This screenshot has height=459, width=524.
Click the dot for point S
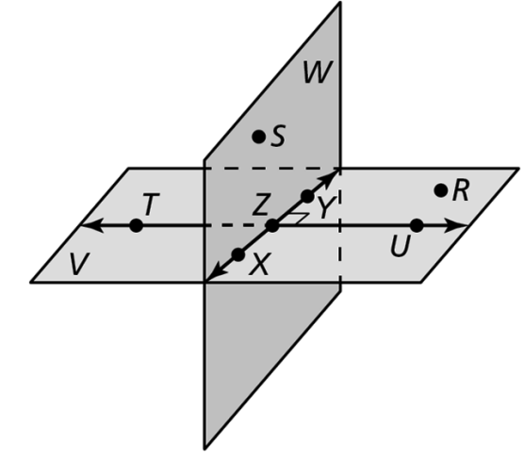258,137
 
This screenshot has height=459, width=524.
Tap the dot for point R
441,190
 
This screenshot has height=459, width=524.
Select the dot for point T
136,225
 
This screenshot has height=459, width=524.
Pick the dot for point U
417,225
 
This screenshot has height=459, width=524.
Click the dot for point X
238,255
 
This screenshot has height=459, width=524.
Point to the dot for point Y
307,196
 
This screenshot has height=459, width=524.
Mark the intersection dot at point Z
272,225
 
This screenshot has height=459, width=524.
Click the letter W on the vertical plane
318,72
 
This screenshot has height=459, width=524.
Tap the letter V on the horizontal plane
79,264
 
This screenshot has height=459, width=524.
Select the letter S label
278,136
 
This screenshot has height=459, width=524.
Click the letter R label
461,190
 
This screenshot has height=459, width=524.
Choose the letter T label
151,204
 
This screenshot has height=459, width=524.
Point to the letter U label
400,246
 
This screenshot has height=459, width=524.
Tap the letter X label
259,264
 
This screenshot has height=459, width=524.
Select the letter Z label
260,204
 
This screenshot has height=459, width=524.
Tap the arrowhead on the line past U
456,225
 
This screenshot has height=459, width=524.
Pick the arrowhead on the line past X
216,271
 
